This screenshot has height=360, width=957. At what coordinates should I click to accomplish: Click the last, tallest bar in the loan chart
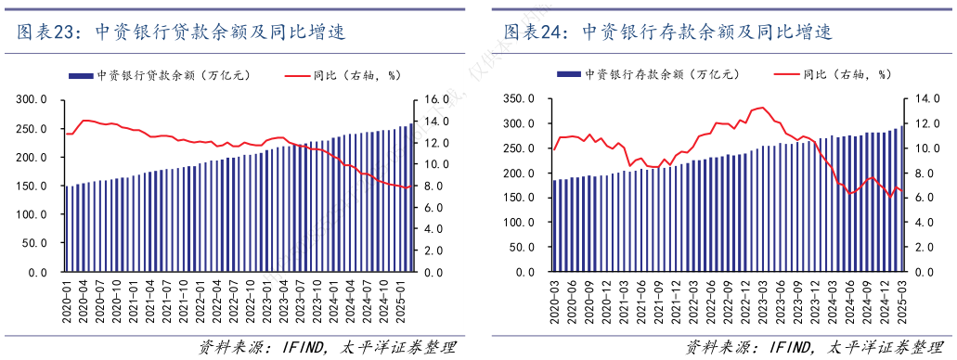412,199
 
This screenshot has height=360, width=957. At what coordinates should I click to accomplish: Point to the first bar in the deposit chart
554,226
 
